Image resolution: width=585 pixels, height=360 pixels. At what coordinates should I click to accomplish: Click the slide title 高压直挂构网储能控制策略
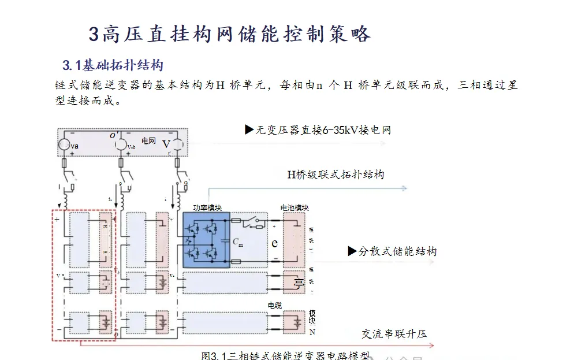pyautogui.click(x=229, y=34)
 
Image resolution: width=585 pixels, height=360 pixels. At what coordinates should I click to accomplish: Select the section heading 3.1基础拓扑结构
pyautogui.click(x=113, y=64)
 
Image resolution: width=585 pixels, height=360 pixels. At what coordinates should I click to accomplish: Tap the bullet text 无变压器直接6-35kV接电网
pyautogui.click(x=318, y=130)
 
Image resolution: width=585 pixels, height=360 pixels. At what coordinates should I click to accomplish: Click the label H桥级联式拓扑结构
pyautogui.click(x=336, y=175)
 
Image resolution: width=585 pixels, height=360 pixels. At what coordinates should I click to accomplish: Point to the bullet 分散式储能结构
pyautogui.click(x=392, y=251)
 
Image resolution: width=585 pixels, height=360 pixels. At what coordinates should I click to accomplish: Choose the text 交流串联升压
pyautogui.click(x=394, y=334)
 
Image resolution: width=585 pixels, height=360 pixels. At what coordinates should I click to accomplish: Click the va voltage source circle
pyautogui.click(x=65, y=145)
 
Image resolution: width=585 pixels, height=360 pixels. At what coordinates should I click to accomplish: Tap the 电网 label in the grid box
pyautogui.click(x=148, y=140)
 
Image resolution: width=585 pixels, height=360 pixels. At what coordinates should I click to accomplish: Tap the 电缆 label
pyautogui.click(x=274, y=305)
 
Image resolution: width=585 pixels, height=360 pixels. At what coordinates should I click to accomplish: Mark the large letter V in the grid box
pyautogui.click(x=166, y=144)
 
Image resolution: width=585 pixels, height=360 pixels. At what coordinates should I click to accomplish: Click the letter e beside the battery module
pyautogui.click(x=275, y=243)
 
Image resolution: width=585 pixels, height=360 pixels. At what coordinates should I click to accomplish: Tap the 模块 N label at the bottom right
pyautogui.click(x=312, y=320)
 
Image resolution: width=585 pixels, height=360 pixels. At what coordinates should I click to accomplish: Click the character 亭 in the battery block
pyautogui.click(x=299, y=283)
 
